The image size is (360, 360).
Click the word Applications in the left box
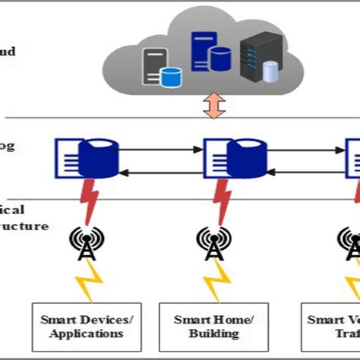click(84, 333)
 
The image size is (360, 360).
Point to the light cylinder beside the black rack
click(268, 70)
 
